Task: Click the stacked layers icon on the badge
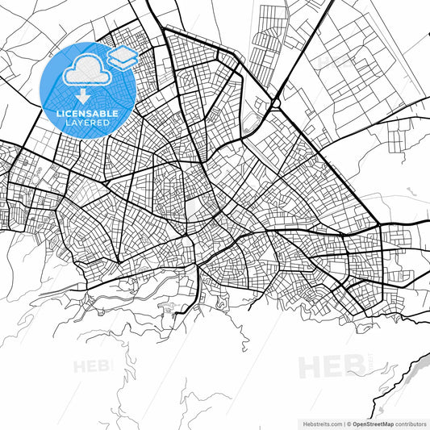coord(123,57)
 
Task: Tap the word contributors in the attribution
coord(411,423)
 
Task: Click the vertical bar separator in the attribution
coord(343,423)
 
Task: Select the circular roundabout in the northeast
coord(276,102)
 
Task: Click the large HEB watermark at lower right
coord(332,366)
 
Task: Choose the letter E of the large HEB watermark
coord(332,366)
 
